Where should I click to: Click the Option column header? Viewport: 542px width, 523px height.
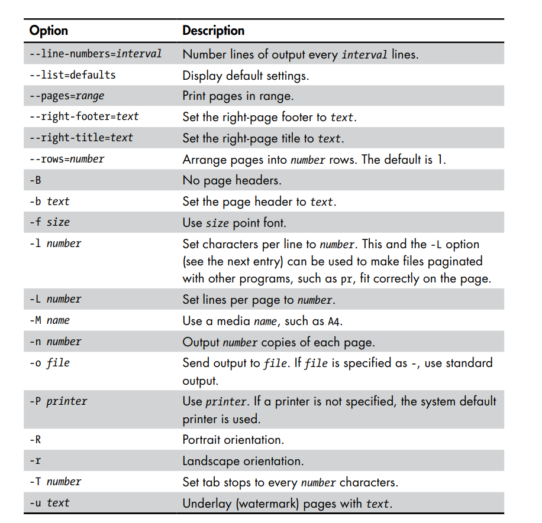click(x=49, y=31)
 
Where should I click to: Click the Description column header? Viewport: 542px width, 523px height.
click(x=213, y=31)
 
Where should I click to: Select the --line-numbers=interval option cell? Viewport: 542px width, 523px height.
click(x=95, y=54)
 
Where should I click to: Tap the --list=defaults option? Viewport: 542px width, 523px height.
click(x=72, y=75)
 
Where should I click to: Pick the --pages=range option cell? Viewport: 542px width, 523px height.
click(x=67, y=96)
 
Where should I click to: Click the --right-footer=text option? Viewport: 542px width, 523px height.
click(x=84, y=116)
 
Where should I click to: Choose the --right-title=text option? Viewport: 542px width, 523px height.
click(x=81, y=138)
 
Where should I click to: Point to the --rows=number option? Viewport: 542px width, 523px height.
click(x=67, y=159)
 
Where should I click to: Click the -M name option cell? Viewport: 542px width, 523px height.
click(x=50, y=320)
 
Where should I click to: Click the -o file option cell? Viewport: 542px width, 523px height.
click(x=50, y=362)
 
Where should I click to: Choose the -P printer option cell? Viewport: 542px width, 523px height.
click(x=58, y=401)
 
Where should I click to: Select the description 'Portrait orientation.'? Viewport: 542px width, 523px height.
click(x=233, y=440)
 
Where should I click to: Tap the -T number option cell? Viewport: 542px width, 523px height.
click(x=55, y=482)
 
